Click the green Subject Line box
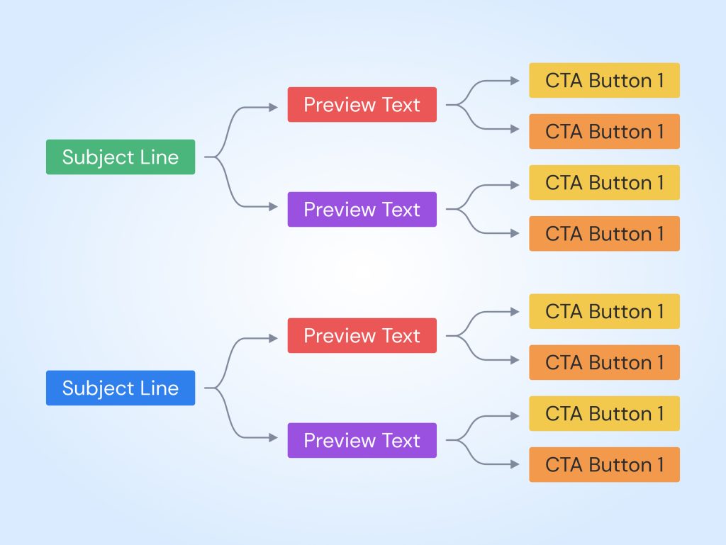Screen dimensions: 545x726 click(121, 157)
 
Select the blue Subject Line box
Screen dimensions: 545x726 click(121, 388)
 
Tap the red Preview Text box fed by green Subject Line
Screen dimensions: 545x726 click(362, 105)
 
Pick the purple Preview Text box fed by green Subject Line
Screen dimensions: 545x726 click(362, 209)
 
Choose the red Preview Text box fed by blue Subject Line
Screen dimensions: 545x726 click(362, 335)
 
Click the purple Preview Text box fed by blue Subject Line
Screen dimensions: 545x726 click(362, 440)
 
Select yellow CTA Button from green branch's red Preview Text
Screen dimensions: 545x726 click(604, 80)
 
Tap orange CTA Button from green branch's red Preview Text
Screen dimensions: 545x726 click(604, 131)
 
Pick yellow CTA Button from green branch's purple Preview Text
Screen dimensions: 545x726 click(604, 182)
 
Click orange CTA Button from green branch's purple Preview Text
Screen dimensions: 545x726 click(604, 233)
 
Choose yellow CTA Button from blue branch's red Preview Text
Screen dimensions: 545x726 click(604, 311)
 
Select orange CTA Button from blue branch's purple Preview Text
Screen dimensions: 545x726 click(604, 464)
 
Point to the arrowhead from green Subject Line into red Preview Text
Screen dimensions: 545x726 click(274, 108)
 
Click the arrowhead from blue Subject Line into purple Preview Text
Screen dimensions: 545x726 click(274, 438)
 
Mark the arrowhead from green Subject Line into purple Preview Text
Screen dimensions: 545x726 click(274, 207)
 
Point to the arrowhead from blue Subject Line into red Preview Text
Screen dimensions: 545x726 click(274, 339)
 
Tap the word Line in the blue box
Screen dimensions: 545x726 click(159, 388)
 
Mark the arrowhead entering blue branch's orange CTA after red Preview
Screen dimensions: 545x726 click(515, 360)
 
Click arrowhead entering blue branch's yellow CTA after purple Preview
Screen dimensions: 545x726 click(515, 416)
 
